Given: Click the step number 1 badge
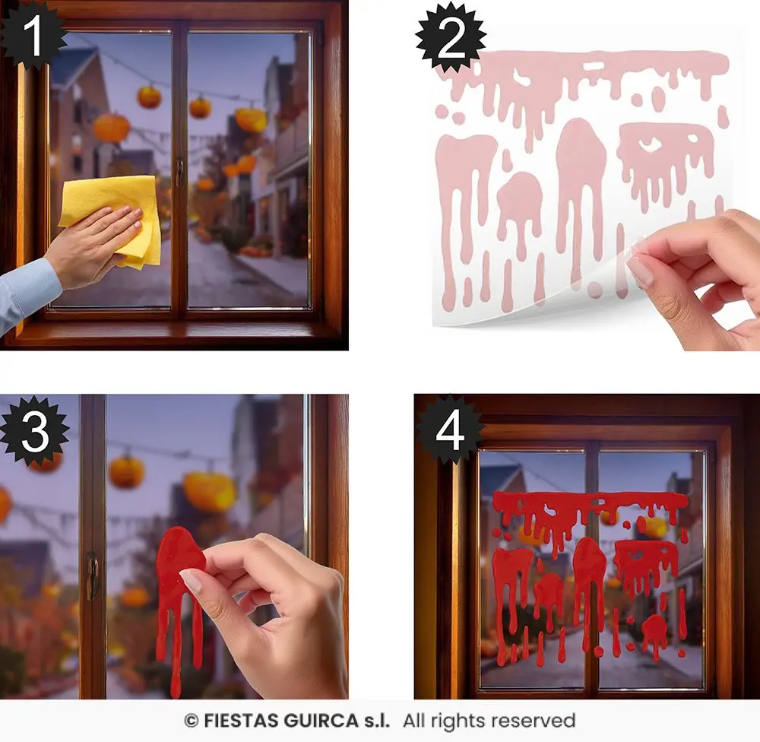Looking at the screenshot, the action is tap(32, 34).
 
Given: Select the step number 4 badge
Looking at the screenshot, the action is tap(450, 430).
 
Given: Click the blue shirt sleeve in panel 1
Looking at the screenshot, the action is tap(27, 293).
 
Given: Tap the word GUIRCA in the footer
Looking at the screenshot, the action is tap(321, 721).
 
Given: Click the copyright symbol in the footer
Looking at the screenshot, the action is tap(192, 721).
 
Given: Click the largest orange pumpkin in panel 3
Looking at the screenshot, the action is tap(210, 491).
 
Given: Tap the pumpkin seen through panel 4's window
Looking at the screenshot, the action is tap(654, 527).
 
